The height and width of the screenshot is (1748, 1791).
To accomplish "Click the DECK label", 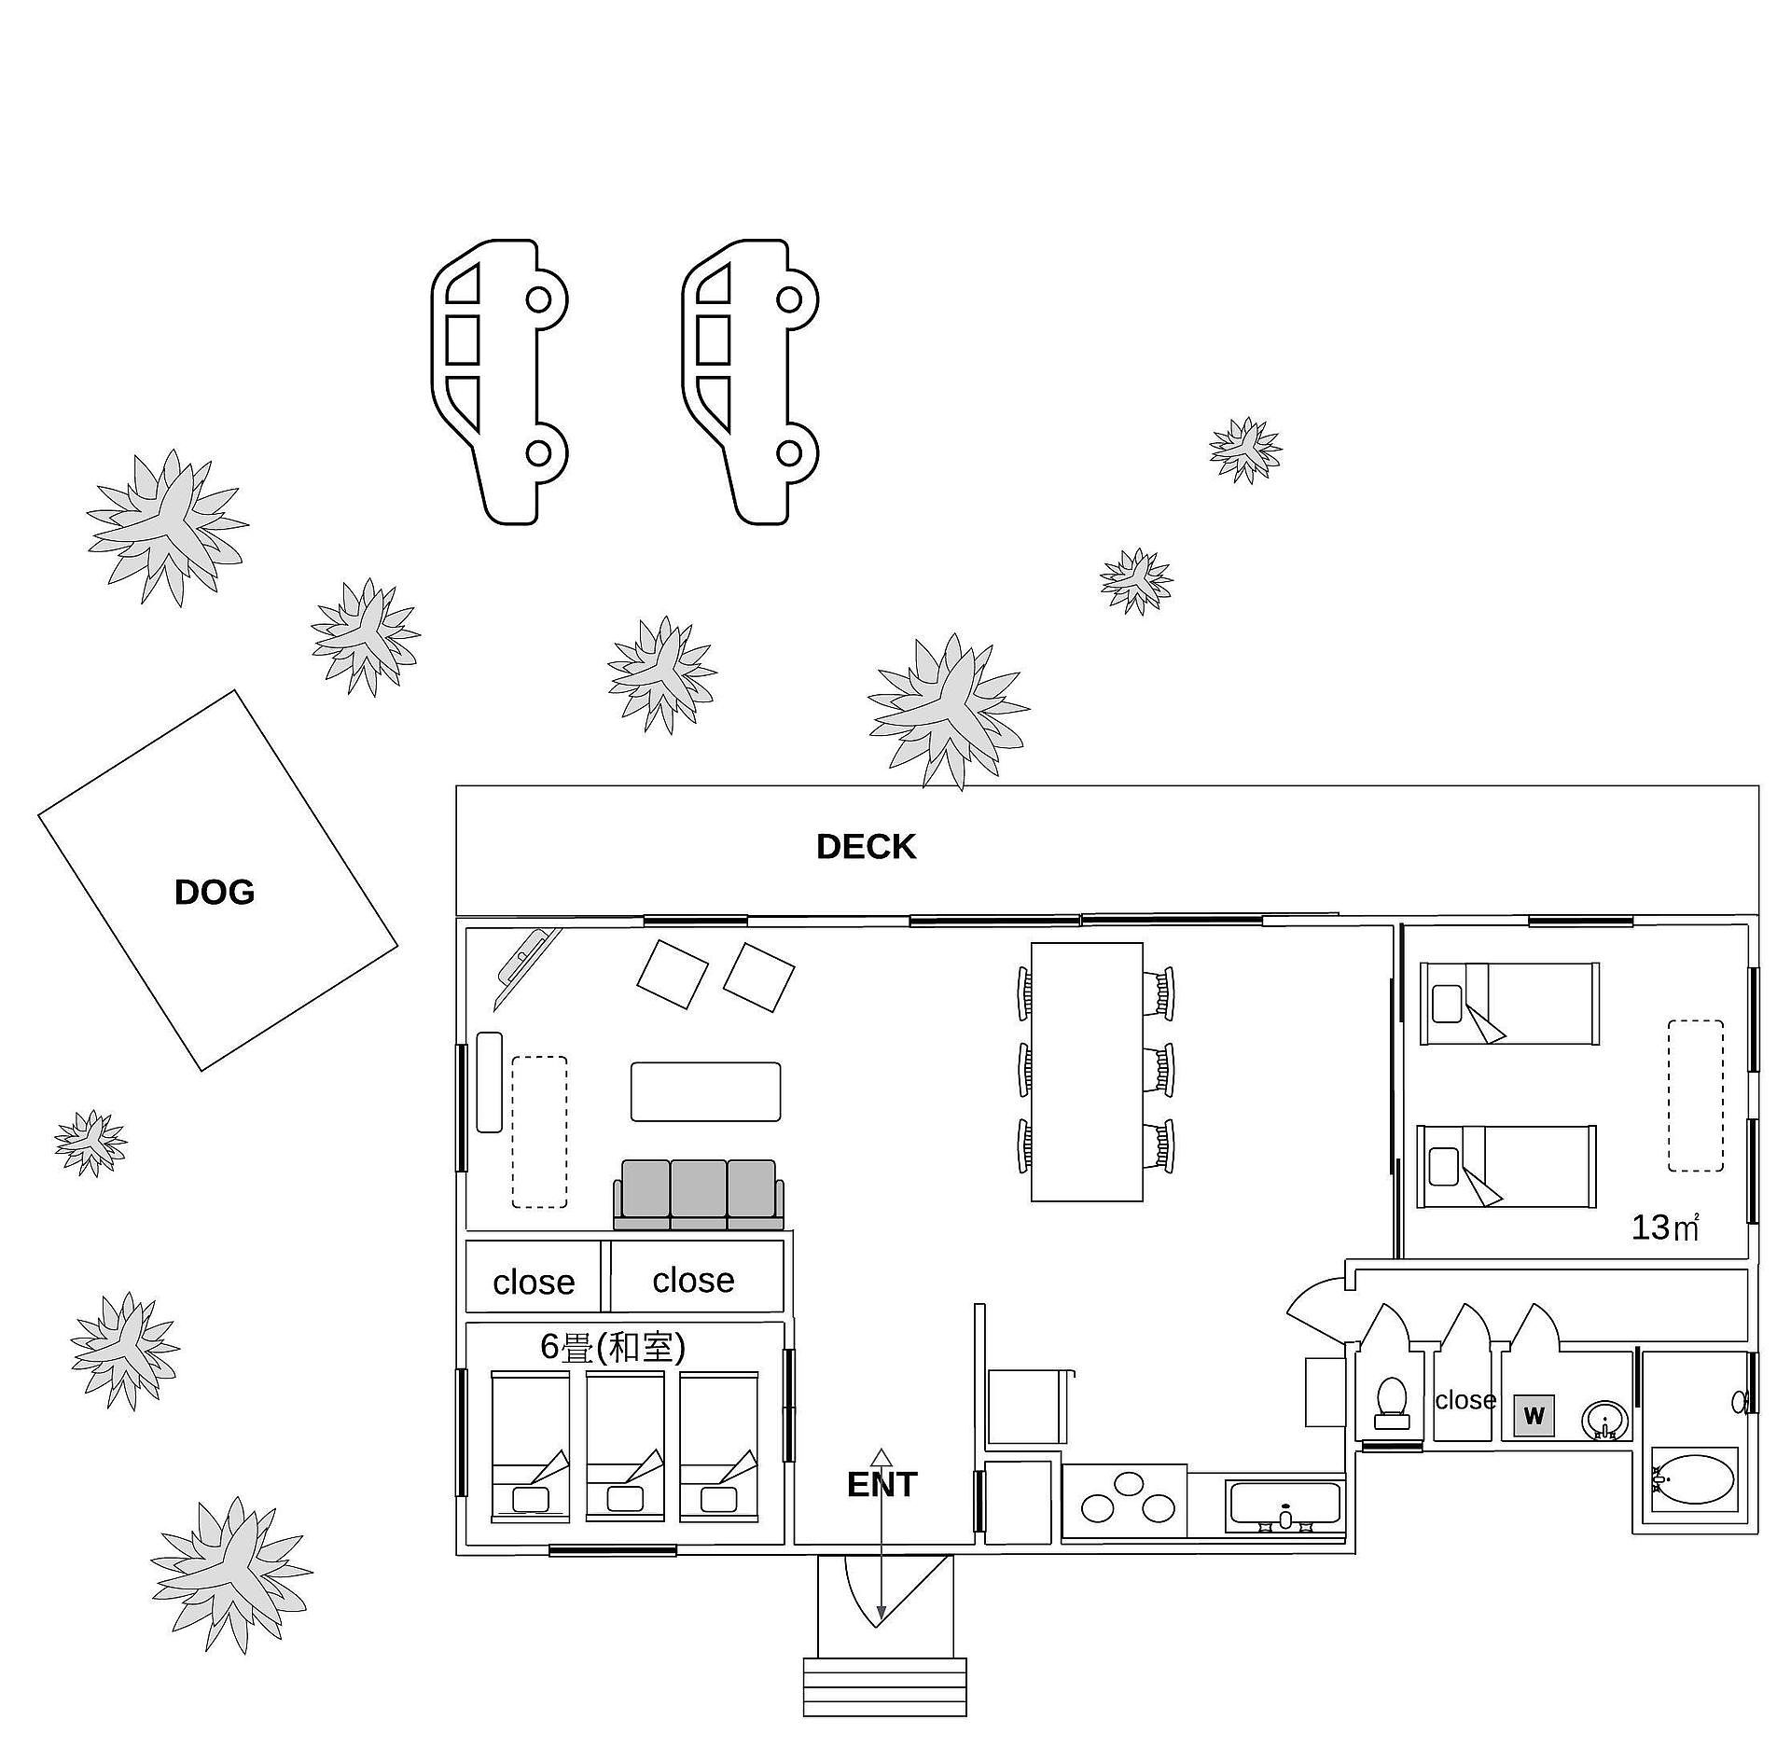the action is [866, 847].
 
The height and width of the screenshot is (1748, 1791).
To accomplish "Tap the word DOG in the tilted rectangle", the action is [215, 893].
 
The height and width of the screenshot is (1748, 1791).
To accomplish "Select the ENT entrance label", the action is [882, 1485].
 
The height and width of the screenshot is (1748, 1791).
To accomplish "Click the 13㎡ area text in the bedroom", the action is [1664, 1228].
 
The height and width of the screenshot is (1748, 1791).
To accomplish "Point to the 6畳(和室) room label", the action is [613, 1347].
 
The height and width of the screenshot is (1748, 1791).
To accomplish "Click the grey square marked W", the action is [1534, 1417].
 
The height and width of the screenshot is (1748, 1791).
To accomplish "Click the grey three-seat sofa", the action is [698, 1195].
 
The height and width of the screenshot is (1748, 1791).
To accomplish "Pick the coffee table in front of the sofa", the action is [705, 1091].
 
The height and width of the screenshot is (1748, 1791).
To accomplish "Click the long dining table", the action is [1087, 1072].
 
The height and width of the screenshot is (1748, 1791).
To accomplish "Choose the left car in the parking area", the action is [499, 382].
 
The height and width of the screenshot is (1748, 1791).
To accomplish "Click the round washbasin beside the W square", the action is [1604, 1421].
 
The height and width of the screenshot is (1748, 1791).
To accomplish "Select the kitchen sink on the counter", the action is [1285, 1506].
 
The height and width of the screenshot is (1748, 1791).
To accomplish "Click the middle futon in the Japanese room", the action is [625, 1445].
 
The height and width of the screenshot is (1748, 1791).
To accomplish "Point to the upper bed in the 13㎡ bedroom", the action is [1509, 1004].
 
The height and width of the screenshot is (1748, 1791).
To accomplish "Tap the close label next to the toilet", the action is [1465, 1400].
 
